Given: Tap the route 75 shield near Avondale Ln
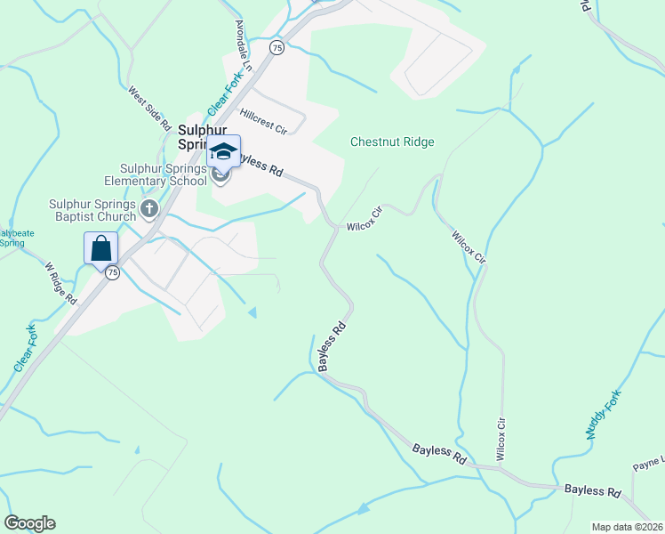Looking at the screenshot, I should pyautogui.click(x=277, y=47).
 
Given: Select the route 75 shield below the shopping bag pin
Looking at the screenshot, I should pyautogui.click(x=112, y=273).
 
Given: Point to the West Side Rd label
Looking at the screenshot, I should pyautogui.click(x=148, y=109).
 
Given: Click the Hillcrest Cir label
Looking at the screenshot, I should pyautogui.click(x=263, y=122).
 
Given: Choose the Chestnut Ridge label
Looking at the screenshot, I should pyautogui.click(x=392, y=142).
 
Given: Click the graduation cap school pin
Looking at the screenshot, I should pyautogui.click(x=223, y=152).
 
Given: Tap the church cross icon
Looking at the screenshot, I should pyautogui.click(x=149, y=210).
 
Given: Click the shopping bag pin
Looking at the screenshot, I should pyautogui.click(x=101, y=248).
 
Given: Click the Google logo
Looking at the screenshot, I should pyautogui.click(x=29, y=523).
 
